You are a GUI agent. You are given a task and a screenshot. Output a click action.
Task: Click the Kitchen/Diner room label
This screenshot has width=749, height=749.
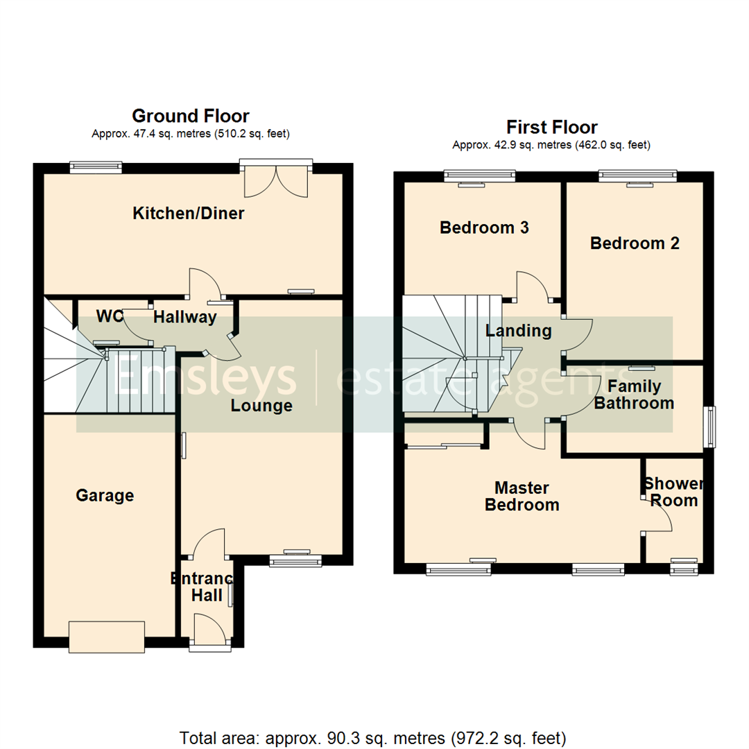point(188,214)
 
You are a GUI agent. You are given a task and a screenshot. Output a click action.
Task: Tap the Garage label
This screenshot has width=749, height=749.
point(105,495)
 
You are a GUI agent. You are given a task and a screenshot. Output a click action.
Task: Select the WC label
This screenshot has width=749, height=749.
point(110,317)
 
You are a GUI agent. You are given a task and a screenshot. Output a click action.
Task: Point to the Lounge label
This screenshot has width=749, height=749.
point(261,406)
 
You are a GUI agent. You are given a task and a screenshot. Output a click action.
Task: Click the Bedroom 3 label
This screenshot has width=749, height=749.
point(484,227)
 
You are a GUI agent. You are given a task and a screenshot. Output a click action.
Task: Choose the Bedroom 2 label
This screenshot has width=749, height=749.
point(635,243)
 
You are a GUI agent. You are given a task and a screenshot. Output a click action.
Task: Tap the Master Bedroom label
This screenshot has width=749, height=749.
point(522,497)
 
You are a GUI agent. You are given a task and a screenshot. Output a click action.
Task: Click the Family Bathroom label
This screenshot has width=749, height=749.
point(634,395)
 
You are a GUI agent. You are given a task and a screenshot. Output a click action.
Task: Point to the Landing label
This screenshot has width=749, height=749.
point(518,331)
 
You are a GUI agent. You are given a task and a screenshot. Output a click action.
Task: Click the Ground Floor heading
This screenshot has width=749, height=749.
point(191,116)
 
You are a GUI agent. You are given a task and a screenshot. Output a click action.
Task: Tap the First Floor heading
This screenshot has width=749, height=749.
point(552,128)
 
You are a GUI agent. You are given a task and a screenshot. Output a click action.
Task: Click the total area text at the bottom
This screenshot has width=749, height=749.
point(373,737)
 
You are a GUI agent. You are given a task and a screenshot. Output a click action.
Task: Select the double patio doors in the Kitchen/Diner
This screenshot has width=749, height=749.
point(276,179)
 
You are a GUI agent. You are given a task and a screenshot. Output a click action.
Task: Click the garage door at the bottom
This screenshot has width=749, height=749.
point(106,637)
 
